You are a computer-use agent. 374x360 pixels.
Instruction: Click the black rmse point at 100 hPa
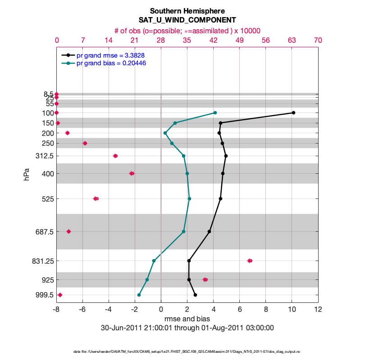[293, 112]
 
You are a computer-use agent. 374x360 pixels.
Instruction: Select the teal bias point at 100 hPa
[215, 112]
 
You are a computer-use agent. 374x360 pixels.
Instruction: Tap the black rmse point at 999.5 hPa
[195, 295]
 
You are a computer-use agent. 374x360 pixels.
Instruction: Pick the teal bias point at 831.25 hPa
[154, 261]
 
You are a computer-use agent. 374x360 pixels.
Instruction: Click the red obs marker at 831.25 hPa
[250, 261]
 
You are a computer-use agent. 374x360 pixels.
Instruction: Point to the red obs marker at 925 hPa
[205, 279]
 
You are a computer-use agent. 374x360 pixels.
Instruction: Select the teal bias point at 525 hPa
[189, 198]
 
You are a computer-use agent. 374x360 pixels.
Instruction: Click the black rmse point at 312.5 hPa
[226, 156]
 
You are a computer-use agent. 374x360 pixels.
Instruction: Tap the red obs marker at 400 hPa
[132, 173]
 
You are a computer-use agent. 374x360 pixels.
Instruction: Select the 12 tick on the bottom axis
[318, 310]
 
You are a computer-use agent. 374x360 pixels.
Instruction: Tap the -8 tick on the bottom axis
[56, 310]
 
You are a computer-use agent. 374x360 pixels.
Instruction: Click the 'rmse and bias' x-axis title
[187, 319]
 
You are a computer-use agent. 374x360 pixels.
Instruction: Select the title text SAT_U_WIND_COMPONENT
[187, 20]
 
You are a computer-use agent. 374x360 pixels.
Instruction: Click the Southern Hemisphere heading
[187, 11]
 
